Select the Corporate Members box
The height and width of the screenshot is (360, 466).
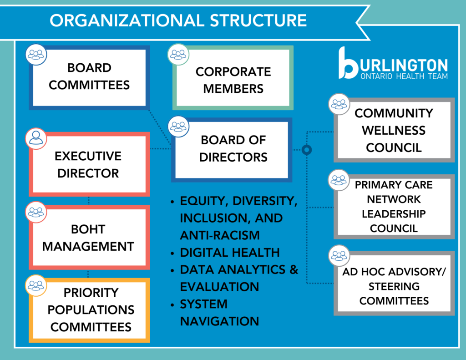click(x=233, y=80)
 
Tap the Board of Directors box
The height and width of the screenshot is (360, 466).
click(x=233, y=149)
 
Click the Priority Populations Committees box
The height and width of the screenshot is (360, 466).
click(x=91, y=309)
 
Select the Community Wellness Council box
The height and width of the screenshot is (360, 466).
click(x=394, y=130)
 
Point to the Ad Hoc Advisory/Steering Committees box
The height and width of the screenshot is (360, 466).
click(x=394, y=286)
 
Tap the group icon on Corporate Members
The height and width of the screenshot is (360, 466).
click(x=178, y=55)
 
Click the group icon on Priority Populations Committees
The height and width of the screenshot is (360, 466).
click(x=36, y=285)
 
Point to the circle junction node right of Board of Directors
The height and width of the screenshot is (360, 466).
click(x=307, y=149)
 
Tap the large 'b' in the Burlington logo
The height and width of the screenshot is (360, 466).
click(x=348, y=64)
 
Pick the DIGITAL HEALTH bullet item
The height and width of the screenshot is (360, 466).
click(x=229, y=252)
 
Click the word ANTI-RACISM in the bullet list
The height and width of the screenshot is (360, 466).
click(x=220, y=235)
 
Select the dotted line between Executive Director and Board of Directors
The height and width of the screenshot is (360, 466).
click(x=161, y=149)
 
